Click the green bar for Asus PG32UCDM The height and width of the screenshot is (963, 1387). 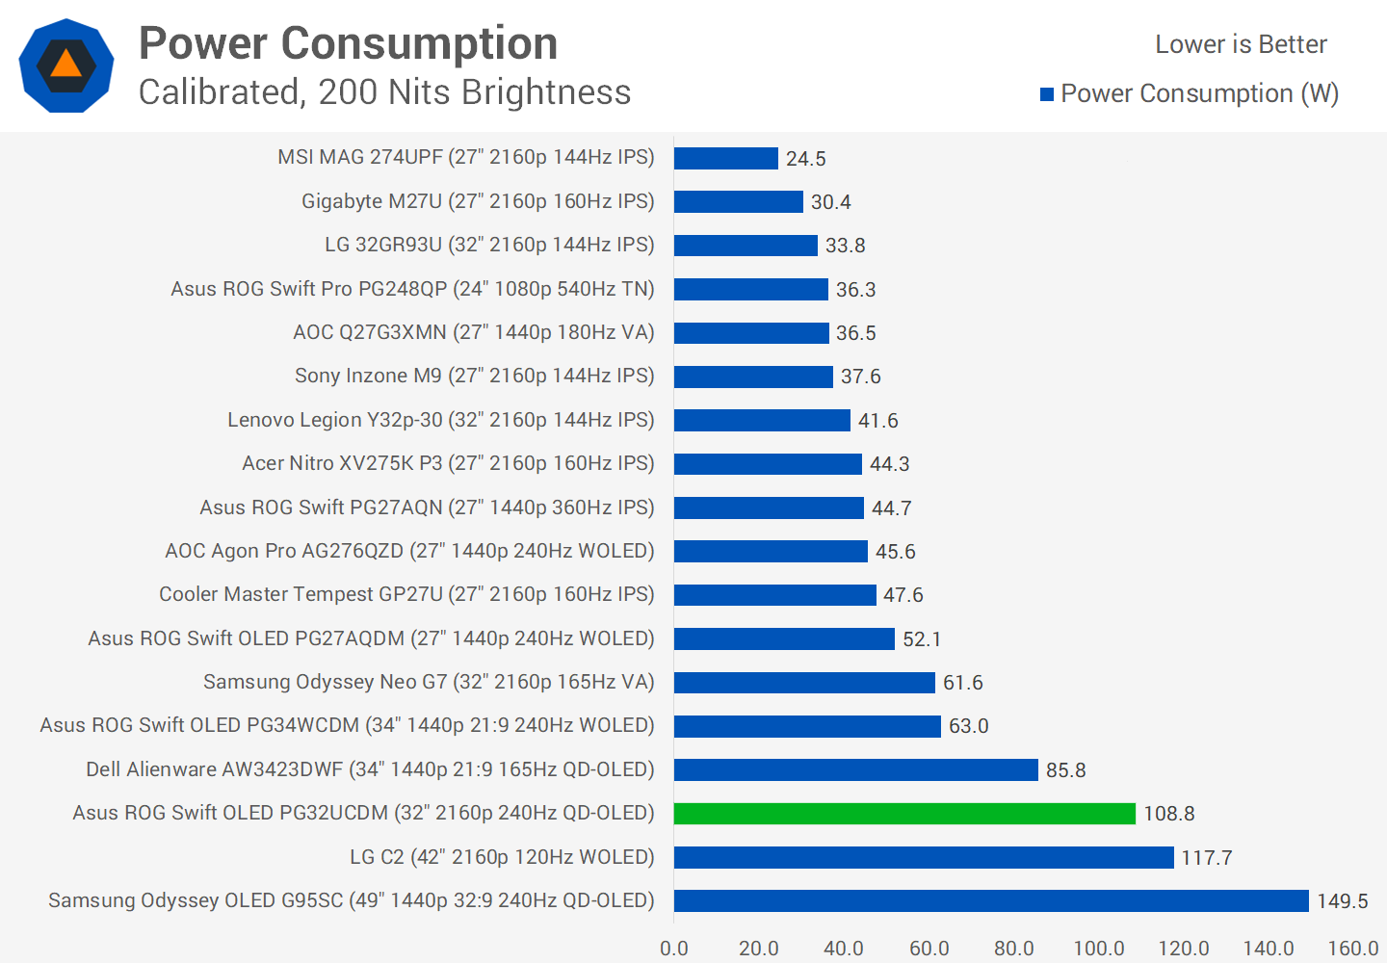[904, 814]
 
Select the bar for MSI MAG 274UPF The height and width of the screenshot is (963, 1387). [725, 158]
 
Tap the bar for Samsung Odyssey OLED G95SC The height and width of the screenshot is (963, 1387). [991, 900]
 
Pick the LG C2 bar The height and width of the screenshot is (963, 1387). [924, 857]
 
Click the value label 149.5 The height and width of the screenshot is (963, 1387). [1342, 901]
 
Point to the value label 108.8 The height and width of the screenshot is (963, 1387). [1168, 814]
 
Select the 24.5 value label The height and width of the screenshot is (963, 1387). [805, 159]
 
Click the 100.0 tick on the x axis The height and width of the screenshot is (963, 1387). [1098, 949]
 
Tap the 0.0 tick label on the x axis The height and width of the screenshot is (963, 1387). [674, 949]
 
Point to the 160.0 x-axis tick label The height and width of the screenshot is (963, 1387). [1352, 949]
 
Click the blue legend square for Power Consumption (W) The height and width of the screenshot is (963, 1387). [1047, 94]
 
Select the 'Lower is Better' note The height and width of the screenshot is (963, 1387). [1241, 44]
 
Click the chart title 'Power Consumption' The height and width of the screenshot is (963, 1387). [348, 43]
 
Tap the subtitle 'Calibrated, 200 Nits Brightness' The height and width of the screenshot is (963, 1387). [384, 92]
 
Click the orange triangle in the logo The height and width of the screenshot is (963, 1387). [65, 65]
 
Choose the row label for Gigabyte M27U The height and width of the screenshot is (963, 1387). [478, 201]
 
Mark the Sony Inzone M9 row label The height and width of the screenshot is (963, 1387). [474, 376]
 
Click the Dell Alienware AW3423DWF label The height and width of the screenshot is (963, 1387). [370, 769]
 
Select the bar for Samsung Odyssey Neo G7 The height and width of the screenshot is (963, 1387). [804, 683]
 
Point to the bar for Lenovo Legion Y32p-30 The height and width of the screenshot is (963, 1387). [762, 420]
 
